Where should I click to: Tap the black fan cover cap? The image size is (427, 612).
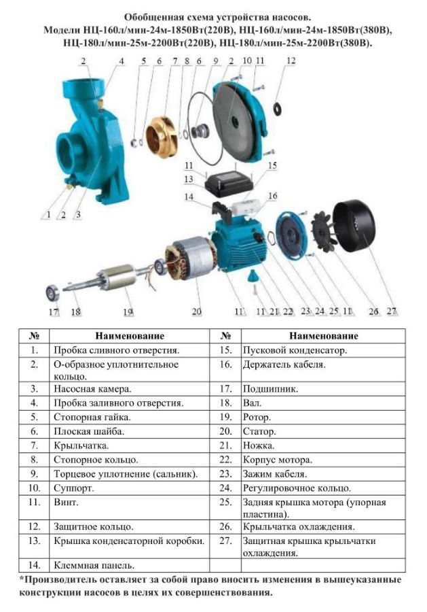pos(354,226)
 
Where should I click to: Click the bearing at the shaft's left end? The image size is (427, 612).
pos(52,292)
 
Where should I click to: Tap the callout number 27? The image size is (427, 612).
pos(392,311)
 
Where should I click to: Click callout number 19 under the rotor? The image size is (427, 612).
pos(128,312)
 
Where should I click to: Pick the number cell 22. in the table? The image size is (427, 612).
pos(225,460)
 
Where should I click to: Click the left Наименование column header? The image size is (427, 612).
pos(130,336)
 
